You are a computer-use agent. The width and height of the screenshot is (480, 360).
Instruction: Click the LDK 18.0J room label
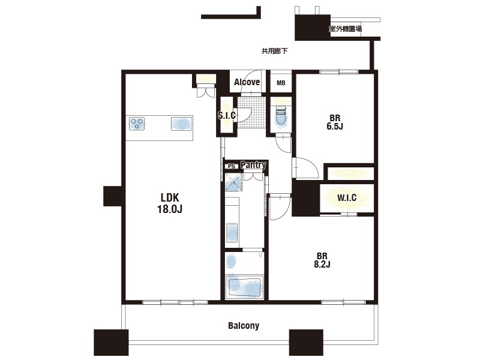pos(170,203)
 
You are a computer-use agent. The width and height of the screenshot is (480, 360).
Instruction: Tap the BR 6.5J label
pos(335,122)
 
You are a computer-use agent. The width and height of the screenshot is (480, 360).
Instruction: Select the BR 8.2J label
pos(322,260)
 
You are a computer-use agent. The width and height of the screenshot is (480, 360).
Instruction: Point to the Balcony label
pos(244,325)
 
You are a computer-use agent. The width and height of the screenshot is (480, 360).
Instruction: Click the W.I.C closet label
pos(347,198)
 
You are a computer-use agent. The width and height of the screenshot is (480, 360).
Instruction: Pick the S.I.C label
pos(227,115)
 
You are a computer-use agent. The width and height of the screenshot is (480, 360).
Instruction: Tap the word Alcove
pos(247,82)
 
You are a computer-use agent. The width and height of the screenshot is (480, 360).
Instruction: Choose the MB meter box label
pos(281,83)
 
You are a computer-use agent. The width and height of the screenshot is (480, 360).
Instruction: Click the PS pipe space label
pos(232,166)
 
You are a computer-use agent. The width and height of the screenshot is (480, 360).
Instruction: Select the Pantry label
pos(253,164)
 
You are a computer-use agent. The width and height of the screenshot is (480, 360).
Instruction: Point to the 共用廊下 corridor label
pos(275,51)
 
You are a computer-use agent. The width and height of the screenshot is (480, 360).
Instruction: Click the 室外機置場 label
pos(345,29)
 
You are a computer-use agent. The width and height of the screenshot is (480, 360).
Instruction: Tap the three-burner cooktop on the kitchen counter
pos(137,124)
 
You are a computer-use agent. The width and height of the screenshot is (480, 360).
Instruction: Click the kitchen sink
pos(181,124)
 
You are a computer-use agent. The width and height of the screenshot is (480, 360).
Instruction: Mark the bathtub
pos(244,287)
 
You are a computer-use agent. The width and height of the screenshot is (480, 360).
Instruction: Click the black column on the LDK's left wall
pos(113,196)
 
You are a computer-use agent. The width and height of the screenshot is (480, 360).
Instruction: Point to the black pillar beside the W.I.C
pos(305,198)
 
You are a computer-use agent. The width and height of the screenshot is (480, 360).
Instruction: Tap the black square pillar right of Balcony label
pos(306,342)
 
